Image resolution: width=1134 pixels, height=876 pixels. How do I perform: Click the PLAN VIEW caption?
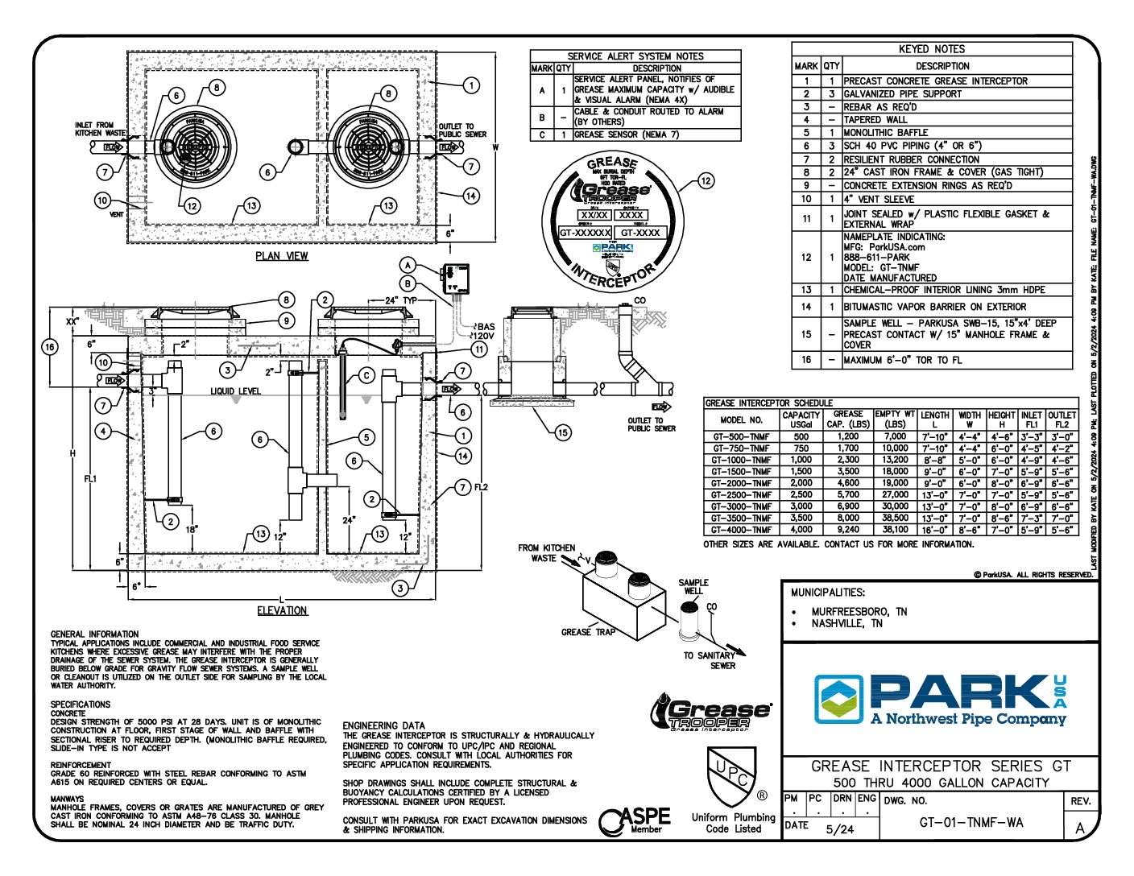282,256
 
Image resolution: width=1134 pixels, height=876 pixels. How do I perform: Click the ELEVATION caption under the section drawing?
282,611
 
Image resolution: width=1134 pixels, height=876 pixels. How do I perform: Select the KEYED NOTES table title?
931,49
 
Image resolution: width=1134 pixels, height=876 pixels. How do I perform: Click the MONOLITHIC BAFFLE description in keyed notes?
885,133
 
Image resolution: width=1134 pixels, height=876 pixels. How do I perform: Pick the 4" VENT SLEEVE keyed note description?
879,199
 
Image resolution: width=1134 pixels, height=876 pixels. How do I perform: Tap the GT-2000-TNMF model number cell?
741,483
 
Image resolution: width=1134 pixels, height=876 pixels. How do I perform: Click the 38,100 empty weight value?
895,530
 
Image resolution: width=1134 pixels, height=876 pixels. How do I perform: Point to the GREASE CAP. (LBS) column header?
848,419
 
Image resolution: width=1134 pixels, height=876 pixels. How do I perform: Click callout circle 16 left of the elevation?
50,347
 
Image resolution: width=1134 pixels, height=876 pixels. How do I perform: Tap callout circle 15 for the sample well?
562,432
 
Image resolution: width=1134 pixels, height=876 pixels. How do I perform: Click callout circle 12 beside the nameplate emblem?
706,181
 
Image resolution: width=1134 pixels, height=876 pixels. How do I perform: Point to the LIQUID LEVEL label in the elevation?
236,391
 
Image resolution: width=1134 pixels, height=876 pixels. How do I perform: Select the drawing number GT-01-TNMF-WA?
971,822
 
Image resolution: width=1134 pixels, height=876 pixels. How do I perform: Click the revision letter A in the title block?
1079,828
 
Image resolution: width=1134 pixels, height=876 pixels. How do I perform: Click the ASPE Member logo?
636,820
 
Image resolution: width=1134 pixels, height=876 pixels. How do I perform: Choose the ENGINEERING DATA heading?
383,725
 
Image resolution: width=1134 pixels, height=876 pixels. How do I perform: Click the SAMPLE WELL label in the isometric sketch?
693,586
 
